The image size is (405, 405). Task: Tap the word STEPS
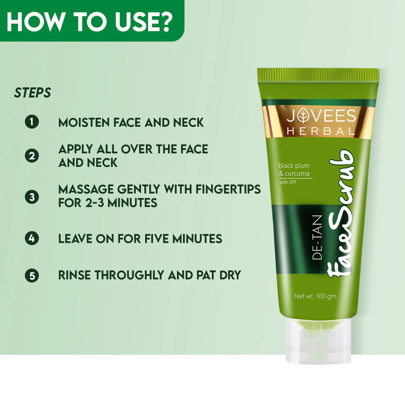click(x=33, y=93)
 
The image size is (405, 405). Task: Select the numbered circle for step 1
click(x=32, y=122)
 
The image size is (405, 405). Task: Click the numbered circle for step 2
click(x=32, y=156)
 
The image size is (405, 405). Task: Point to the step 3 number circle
click(x=32, y=197)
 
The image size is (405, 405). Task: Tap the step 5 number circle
click(x=32, y=276)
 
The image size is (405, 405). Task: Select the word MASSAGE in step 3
click(x=84, y=189)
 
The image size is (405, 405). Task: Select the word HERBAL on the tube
click(x=321, y=132)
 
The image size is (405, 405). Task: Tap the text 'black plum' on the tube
click(x=294, y=165)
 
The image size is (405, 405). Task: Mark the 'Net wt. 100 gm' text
click(x=315, y=296)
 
